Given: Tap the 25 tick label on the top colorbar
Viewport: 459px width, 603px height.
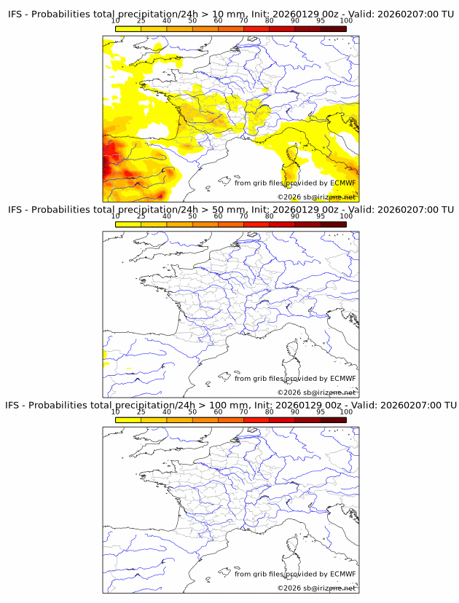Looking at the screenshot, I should click(x=141, y=21).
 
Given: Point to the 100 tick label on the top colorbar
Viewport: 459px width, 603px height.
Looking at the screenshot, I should click(x=346, y=21).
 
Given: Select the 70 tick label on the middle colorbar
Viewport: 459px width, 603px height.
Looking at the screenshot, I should click(x=243, y=216).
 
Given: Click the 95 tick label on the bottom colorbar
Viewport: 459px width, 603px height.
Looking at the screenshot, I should click(x=321, y=411).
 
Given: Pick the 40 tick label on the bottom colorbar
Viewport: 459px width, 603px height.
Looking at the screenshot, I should click(x=167, y=411).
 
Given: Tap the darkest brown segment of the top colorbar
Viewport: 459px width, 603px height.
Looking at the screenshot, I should click(x=333, y=28).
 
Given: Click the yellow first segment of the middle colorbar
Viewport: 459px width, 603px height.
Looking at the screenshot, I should click(x=128, y=224).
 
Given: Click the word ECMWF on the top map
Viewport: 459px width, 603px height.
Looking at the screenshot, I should click(x=343, y=183).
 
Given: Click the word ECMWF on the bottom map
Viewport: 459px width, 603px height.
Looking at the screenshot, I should click(x=343, y=574).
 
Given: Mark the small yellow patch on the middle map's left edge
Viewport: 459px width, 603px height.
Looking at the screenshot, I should click(x=106, y=356).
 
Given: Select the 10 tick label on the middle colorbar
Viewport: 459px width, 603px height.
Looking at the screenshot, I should click(x=116, y=216).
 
